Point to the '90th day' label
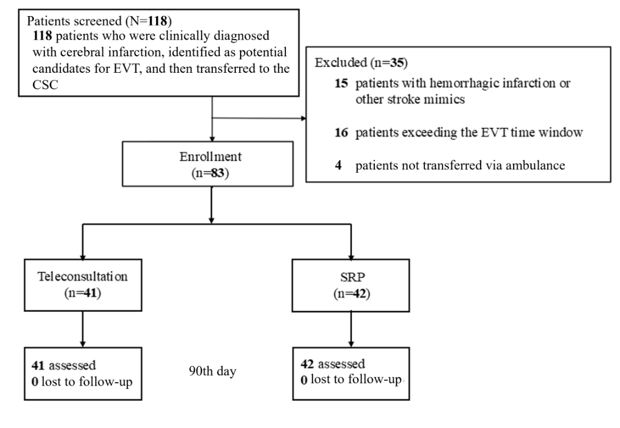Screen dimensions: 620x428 click(x=212, y=371)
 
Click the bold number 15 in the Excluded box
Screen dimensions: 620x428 click(x=341, y=83)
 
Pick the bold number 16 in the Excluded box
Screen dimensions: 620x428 click(x=341, y=133)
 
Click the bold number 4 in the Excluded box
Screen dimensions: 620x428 click(x=338, y=165)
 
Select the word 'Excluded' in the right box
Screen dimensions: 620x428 click(x=341, y=63)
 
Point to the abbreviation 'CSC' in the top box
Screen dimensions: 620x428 click(x=45, y=85)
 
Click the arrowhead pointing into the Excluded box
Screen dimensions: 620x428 click(x=304, y=118)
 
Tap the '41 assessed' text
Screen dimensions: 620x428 click(x=64, y=365)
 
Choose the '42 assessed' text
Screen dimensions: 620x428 click(x=332, y=364)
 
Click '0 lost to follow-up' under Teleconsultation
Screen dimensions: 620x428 click(x=82, y=382)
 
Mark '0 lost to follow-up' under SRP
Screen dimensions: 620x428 click(x=351, y=380)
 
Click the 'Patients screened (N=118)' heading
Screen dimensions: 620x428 click(x=99, y=21)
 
